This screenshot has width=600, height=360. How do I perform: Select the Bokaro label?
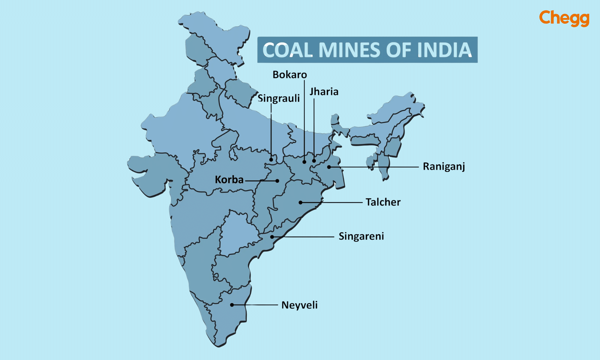coord(289,75)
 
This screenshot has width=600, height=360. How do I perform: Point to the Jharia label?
coord(324,92)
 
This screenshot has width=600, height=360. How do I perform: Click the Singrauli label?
coord(279,98)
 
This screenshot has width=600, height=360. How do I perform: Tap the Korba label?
coord(229,180)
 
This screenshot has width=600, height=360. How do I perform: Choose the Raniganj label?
coord(444,166)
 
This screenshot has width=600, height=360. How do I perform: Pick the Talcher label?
coord(383,202)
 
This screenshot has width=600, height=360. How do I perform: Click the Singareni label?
coord(361,236)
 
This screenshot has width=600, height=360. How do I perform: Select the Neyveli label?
coord(299,305)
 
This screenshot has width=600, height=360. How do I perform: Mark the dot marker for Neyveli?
coord(232,305)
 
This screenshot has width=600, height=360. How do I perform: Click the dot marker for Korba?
coord(277,181)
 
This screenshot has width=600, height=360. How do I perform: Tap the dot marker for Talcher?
coord(300,202)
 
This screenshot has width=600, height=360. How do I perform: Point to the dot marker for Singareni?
coord(272,237)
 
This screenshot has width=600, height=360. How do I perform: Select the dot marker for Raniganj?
coord(329,167)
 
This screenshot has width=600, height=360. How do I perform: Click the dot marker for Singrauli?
coord(271,160)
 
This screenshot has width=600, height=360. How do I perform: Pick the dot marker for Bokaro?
coord(304,162)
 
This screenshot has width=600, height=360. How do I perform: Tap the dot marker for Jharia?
coord(314,161)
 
